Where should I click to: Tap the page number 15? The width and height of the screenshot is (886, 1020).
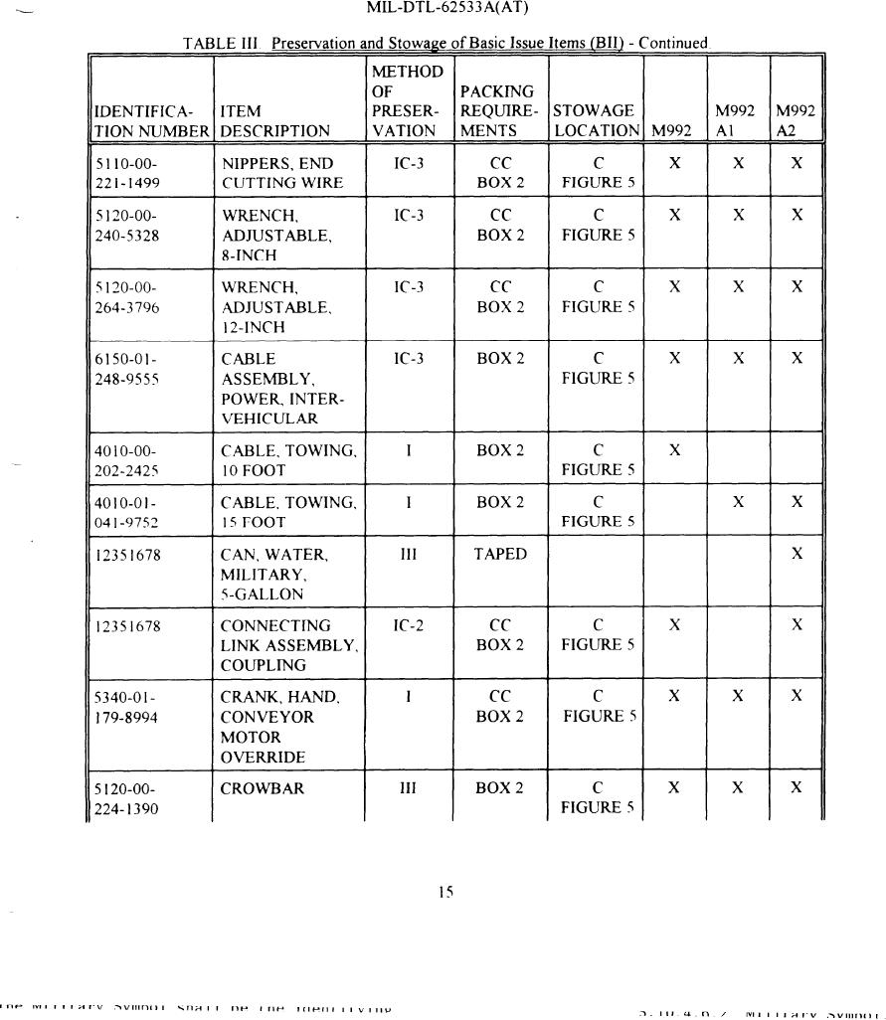point(445,893)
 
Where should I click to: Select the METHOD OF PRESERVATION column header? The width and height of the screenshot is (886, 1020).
point(406,100)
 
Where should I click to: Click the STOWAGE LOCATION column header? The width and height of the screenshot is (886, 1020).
point(596,120)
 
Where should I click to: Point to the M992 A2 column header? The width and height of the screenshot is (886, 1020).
point(796,120)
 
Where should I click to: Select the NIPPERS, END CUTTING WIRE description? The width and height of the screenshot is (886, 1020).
point(281,173)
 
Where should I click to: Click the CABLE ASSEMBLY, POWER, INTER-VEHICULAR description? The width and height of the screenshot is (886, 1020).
point(283,389)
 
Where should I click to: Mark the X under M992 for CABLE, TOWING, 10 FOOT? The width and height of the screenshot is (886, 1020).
point(675,450)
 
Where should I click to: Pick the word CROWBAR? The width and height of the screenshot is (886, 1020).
point(263,789)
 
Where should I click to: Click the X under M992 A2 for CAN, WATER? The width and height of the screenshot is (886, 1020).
point(797,555)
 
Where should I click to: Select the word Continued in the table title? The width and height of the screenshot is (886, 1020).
point(672,43)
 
